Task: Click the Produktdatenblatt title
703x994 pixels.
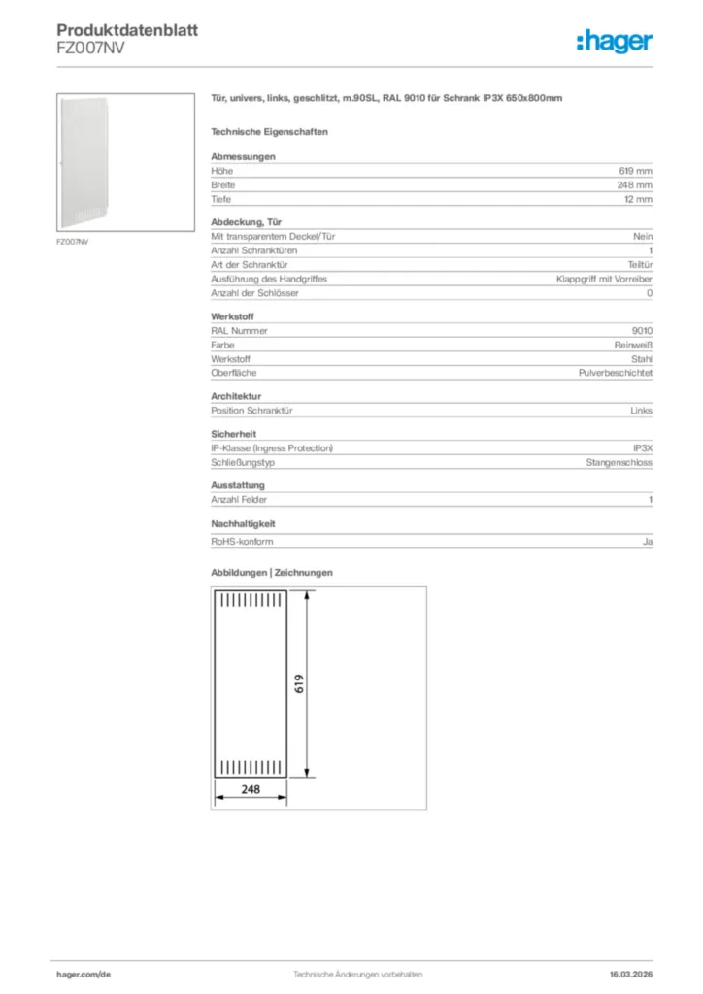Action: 127,31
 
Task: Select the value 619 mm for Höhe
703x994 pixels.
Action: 637,171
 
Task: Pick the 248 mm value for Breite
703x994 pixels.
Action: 637,184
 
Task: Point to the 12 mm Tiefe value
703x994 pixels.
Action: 639,199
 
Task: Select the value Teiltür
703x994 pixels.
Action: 640,265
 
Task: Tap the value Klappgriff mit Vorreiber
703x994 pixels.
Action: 604,279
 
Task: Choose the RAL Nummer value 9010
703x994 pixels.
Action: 642,331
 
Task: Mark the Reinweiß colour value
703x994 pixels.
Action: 633,345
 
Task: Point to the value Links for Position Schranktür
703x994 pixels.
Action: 641,411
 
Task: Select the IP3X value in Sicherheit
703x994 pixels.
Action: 642,448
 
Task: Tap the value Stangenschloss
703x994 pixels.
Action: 619,462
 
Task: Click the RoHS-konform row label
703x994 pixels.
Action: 242,542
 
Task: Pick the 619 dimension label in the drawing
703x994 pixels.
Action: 300,683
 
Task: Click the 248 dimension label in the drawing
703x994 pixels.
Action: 251,789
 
